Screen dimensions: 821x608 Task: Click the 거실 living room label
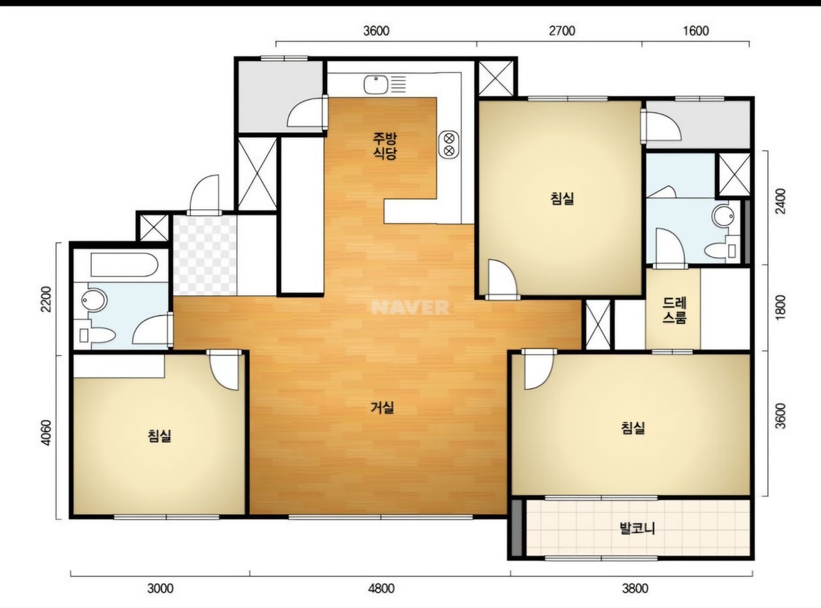[x=383, y=407]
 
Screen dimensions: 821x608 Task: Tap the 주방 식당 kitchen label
[x=385, y=146]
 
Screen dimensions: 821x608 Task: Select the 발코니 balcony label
[x=637, y=528]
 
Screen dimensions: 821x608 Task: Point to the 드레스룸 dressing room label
[x=674, y=310]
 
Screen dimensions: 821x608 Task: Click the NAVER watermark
[x=410, y=307]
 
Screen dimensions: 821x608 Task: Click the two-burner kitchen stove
[x=449, y=144]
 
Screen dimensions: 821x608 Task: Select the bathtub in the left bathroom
[x=124, y=265]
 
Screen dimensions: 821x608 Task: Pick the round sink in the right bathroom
[x=724, y=216]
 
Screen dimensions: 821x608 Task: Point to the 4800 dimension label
[x=381, y=588]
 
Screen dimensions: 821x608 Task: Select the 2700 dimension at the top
[x=562, y=31]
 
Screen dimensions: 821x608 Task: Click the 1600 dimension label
[x=696, y=31]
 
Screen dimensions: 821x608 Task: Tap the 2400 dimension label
[x=781, y=201]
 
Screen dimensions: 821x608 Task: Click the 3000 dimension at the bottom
[x=160, y=588]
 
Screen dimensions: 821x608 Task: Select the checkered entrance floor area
[x=205, y=256]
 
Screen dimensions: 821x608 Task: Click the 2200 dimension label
[x=47, y=299]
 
